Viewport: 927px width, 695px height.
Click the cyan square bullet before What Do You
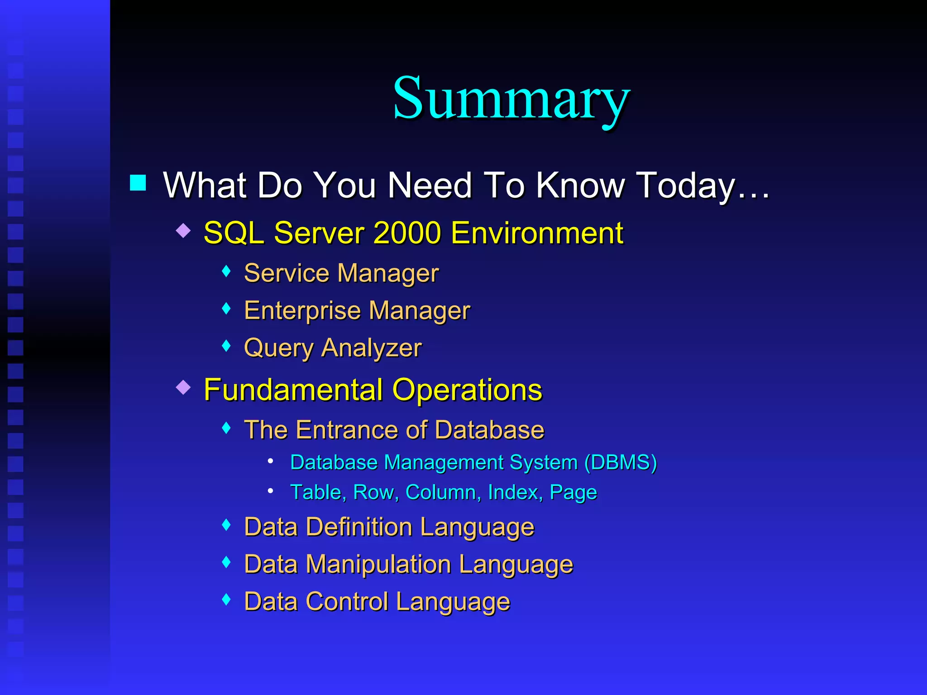tap(138, 183)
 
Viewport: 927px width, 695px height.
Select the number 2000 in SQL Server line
tap(407, 233)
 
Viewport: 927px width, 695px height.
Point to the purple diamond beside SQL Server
tap(183, 230)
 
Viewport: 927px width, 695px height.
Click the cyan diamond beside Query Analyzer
tap(227, 346)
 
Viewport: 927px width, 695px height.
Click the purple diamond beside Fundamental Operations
tap(183, 387)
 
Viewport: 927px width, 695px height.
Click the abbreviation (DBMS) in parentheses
tap(620, 462)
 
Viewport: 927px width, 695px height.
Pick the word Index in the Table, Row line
tap(514, 492)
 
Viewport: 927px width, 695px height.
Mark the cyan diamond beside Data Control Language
tap(227, 600)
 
